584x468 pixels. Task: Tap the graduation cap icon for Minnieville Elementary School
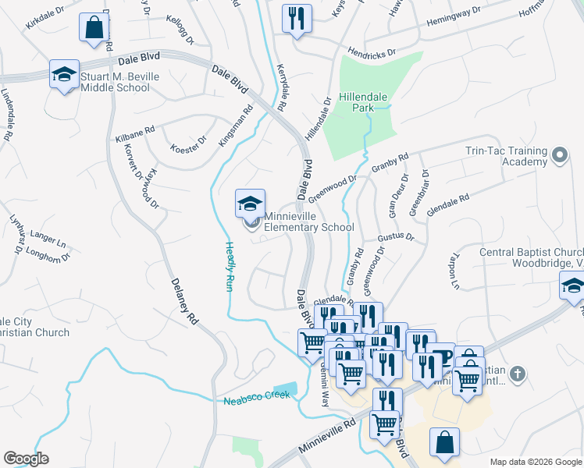pyautogui.click(x=251, y=204)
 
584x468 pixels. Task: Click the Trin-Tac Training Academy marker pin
pyautogui.click(x=559, y=155)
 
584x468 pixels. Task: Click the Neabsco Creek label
pyautogui.click(x=257, y=398)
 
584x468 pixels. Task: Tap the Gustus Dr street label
pyautogui.click(x=395, y=236)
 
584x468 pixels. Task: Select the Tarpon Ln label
pyautogui.click(x=454, y=271)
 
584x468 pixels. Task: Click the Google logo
pyautogui.click(x=27, y=458)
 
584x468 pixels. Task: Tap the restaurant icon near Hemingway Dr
pyautogui.click(x=297, y=18)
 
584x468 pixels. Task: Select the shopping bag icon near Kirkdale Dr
pyautogui.click(x=94, y=27)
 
